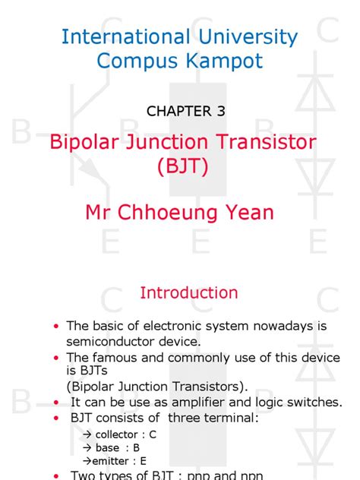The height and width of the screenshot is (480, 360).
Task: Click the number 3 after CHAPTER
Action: tap(221, 111)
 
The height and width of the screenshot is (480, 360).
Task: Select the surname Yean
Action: tap(248, 212)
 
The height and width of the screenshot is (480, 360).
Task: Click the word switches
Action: tap(317, 402)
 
